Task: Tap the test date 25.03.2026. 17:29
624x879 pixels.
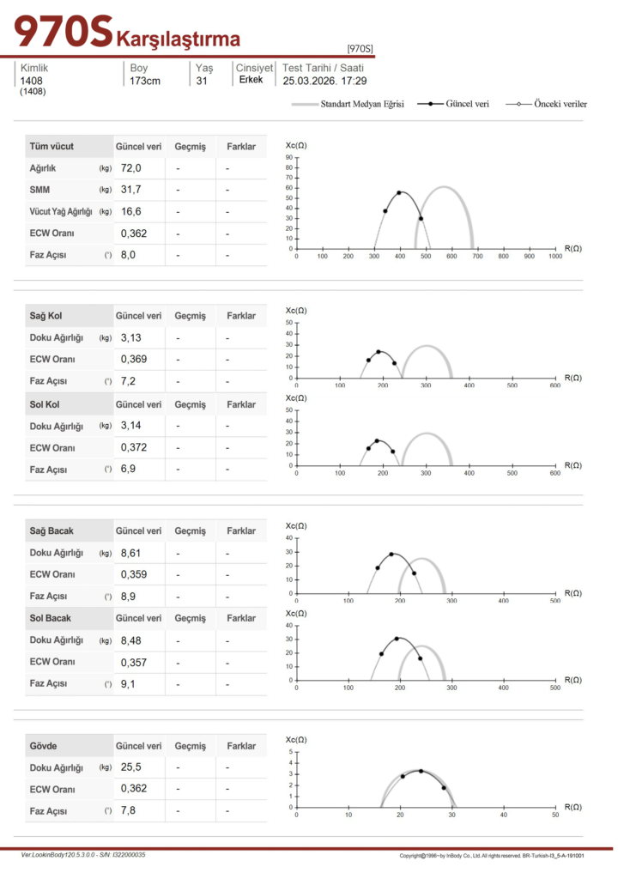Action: coord(324,82)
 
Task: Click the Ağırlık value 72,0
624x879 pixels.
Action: coord(131,168)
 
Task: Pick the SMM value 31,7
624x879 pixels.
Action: coord(131,190)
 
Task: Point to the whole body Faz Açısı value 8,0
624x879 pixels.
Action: coord(128,255)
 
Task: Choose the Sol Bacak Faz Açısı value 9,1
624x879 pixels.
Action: coord(128,684)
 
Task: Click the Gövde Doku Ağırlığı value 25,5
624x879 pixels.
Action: coord(131,768)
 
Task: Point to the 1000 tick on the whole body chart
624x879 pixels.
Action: coord(555,256)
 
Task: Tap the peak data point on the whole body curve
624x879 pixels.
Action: coord(399,192)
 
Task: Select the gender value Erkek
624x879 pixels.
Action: coord(251,80)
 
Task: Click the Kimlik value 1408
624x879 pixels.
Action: coord(31,82)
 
